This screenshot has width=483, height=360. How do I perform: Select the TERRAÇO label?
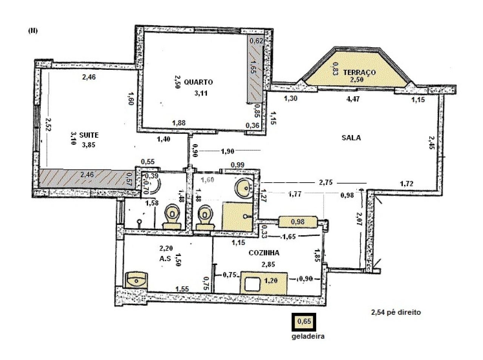point(359,72)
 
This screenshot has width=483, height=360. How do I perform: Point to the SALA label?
point(351,138)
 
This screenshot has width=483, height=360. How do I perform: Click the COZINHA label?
point(263,253)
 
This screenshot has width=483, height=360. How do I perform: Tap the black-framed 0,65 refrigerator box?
point(303,322)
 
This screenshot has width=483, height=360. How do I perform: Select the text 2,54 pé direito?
point(395,312)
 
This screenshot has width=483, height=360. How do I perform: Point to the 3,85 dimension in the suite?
point(89,144)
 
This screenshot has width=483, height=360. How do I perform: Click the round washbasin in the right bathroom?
point(243,186)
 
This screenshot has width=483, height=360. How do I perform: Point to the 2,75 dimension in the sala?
point(325,182)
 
